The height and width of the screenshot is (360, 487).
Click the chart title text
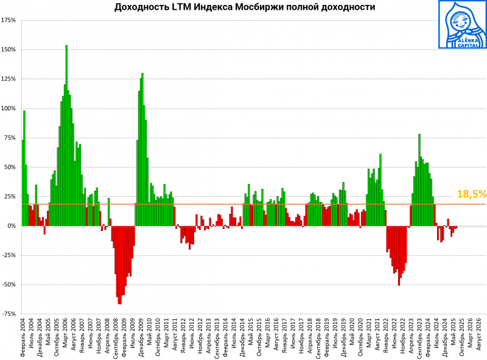click(x=245, y=7)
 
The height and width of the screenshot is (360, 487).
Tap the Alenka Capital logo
click(x=462, y=24)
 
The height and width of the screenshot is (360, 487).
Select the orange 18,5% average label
click(x=471, y=194)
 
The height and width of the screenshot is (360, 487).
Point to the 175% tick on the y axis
click(x=9, y=20)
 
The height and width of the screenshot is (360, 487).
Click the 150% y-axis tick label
click(x=9, y=49)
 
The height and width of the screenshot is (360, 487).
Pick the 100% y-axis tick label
click(x=9, y=108)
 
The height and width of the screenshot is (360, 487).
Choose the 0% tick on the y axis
click(x=12, y=226)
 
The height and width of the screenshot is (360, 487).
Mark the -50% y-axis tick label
click(x=9, y=284)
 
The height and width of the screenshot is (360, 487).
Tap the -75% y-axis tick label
click(x=9, y=314)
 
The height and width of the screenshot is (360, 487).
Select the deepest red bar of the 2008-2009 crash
click(x=119, y=265)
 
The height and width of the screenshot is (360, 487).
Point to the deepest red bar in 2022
click(x=399, y=256)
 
